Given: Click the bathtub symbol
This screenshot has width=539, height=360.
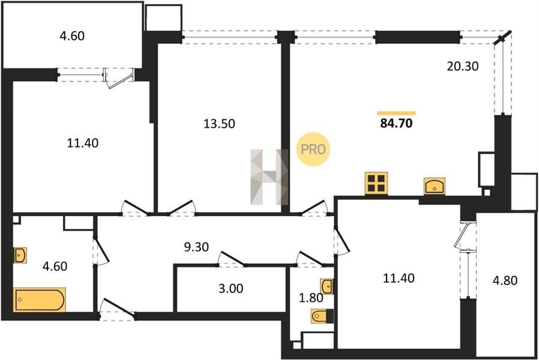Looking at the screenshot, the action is (x=39, y=300).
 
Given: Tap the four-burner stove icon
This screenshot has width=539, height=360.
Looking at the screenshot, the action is (x=376, y=184).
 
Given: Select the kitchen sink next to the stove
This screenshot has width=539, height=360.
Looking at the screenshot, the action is (x=435, y=186).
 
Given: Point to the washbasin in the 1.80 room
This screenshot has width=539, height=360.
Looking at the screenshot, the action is (x=327, y=286).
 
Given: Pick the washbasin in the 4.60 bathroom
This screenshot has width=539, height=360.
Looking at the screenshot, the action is (x=20, y=255).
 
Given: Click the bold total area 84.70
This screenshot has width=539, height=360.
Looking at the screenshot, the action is (x=396, y=124).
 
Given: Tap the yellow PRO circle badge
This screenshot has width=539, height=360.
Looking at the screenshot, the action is (x=313, y=149).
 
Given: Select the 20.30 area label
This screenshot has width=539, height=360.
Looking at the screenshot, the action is (x=462, y=66).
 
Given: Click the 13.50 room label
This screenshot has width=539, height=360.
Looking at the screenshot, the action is (x=219, y=124).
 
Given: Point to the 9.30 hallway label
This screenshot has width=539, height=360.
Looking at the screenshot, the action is (x=196, y=247).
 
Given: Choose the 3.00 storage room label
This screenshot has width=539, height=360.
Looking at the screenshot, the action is (x=230, y=289).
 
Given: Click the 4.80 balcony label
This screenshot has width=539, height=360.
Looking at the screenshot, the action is (x=505, y=281).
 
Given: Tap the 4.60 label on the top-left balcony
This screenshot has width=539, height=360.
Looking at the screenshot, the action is (x=72, y=36).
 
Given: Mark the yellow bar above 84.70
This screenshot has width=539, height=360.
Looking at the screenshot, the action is (x=396, y=113).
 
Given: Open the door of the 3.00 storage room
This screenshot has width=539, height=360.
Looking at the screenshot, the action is (x=231, y=259).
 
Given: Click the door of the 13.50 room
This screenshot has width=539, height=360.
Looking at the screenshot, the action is (x=181, y=208).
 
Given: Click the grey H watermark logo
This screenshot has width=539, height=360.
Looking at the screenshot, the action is (x=269, y=177).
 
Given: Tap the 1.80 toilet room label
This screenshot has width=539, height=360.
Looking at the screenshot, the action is (x=311, y=298).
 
